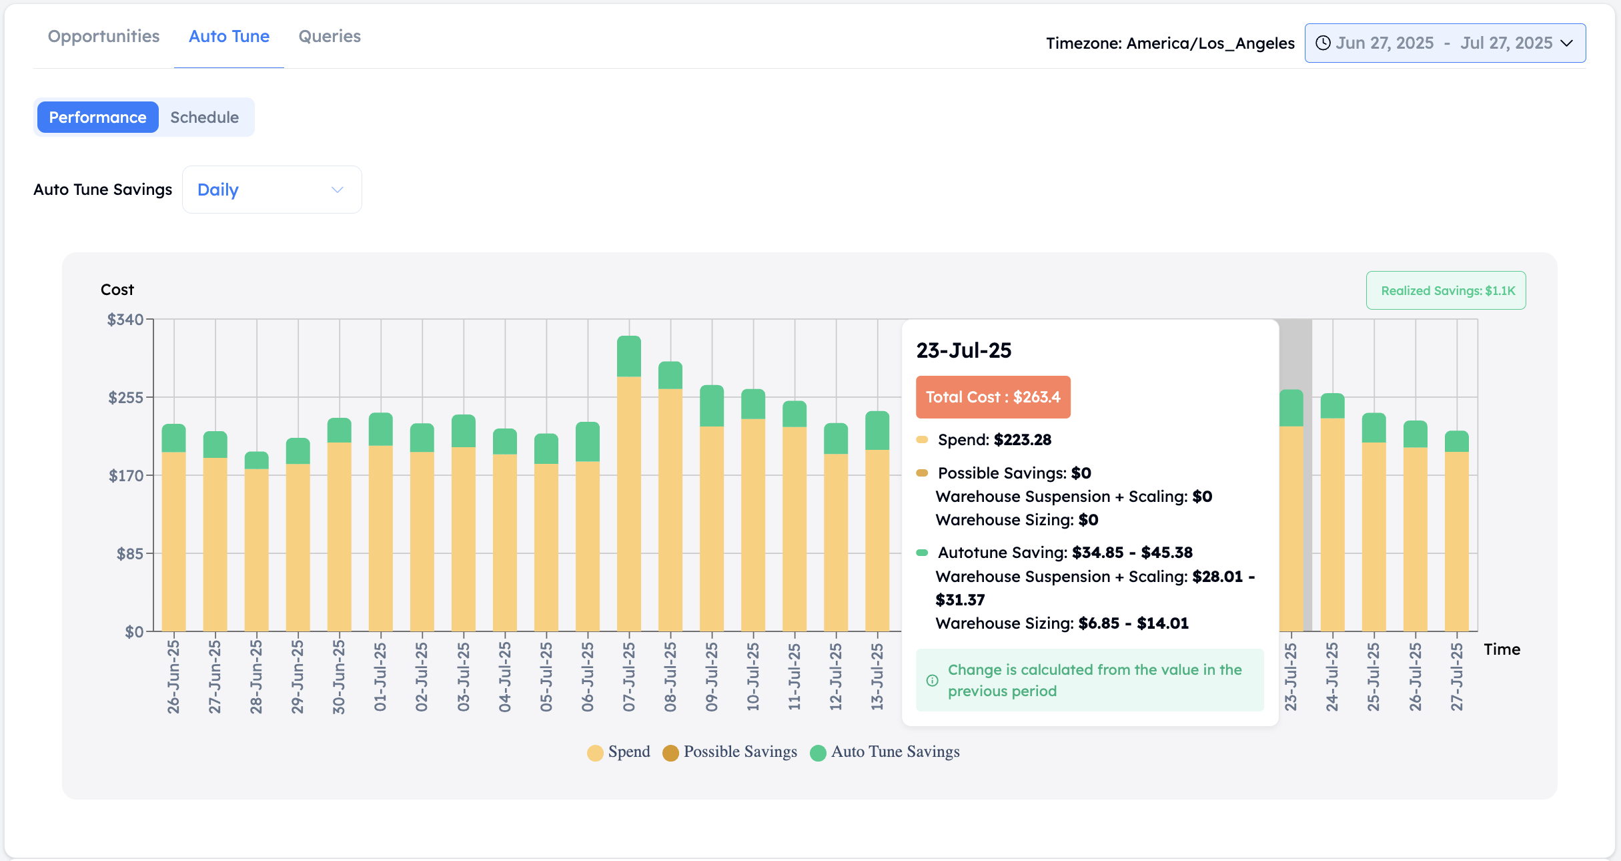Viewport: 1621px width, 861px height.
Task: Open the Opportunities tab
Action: [x=103, y=36]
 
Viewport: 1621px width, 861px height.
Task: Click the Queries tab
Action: [x=330, y=36]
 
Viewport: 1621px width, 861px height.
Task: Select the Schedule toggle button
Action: [x=204, y=117]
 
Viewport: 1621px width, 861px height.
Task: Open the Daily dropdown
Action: [x=272, y=190]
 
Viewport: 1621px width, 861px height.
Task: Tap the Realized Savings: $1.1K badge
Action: [x=1446, y=290]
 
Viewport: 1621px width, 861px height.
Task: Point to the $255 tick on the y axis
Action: [x=126, y=398]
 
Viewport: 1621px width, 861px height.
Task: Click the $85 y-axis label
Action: [x=130, y=554]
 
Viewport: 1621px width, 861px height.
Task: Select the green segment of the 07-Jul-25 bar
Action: [x=629, y=356]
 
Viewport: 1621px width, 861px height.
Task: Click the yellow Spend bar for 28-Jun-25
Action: [x=256, y=550]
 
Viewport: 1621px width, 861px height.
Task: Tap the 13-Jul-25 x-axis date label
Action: [x=877, y=677]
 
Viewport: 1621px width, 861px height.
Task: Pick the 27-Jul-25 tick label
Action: [x=1457, y=677]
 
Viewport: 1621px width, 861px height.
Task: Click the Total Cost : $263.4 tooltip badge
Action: [x=993, y=397]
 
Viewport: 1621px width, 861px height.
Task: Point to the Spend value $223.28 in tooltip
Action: [x=1022, y=440]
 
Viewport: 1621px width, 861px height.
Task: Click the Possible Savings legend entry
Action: [x=730, y=752]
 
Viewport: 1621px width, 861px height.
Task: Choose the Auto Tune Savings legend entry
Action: [x=885, y=752]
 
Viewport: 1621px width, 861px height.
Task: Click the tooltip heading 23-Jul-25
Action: [x=964, y=350]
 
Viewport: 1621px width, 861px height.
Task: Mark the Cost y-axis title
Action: [x=117, y=290]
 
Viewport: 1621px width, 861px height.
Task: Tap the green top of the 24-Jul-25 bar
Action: [x=1332, y=406]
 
